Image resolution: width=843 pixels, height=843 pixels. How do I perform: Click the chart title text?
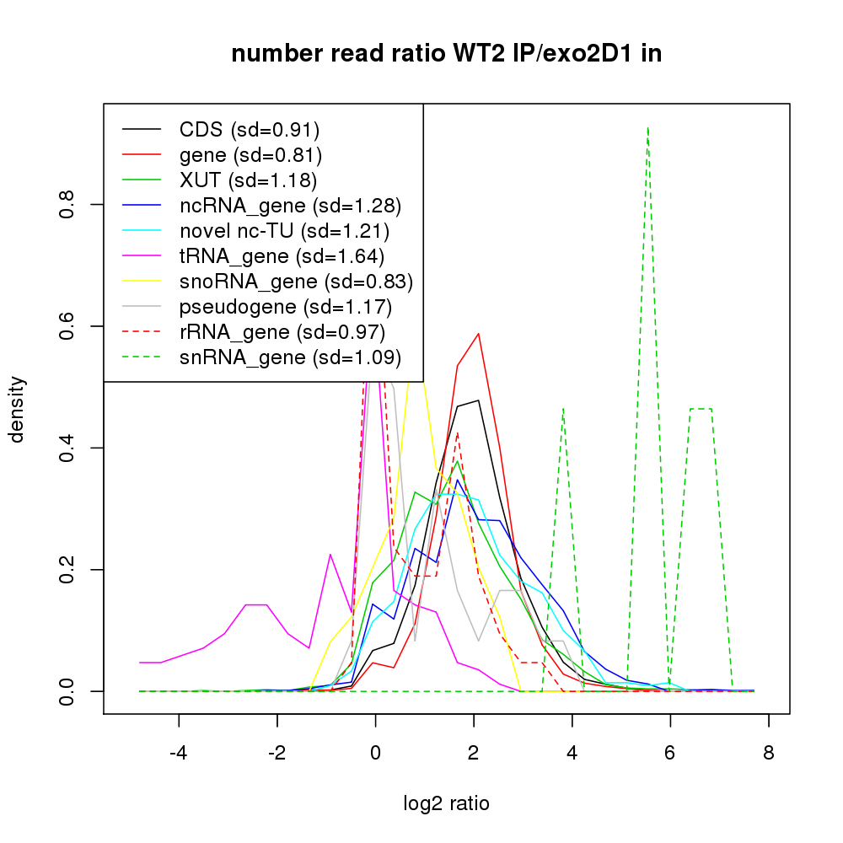point(446,53)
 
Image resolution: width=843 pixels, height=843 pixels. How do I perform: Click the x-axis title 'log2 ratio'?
point(446,803)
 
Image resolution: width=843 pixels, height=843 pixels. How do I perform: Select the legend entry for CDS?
point(250,130)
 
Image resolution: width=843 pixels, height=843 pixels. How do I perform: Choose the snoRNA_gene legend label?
point(296,281)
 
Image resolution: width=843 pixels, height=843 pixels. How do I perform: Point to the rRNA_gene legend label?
point(282,331)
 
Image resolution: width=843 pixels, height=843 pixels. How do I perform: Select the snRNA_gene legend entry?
point(289,357)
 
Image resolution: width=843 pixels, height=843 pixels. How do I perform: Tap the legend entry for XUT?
point(248,180)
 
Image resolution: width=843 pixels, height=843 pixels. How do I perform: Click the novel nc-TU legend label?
point(284,230)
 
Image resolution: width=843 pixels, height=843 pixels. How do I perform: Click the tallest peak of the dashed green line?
point(647,128)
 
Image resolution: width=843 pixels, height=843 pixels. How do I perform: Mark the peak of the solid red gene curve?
point(479,333)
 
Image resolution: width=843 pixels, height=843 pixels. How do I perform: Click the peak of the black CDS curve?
point(478,400)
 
